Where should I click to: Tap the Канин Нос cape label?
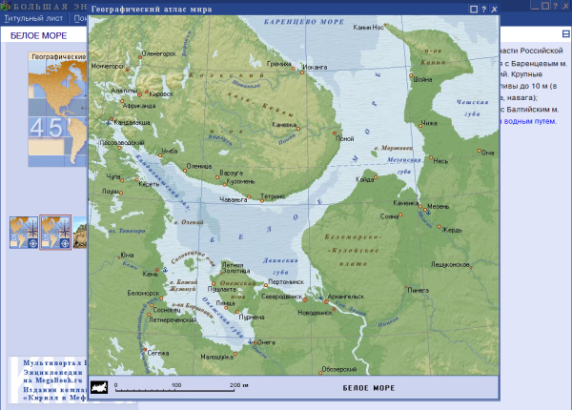click(x=369, y=27)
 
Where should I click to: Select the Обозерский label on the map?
click(x=339, y=369)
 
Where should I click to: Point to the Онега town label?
click(x=267, y=342)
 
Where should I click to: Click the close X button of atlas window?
click(x=494, y=9)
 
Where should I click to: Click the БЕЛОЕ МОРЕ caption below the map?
click(x=368, y=389)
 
